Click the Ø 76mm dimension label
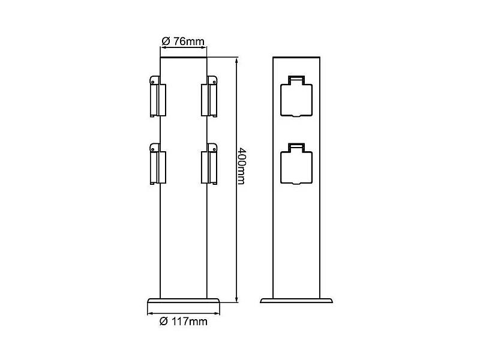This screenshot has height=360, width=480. [x=183, y=41]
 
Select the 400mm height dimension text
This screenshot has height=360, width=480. [x=242, y=166]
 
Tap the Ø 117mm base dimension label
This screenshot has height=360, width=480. [x=184, y=322]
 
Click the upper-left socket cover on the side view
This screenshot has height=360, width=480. [x=158, y=97]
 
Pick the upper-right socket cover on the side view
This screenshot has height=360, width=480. [x=209, y=97]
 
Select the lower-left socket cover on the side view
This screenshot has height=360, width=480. [x=158, y=164]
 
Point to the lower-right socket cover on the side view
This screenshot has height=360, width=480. [x=209, y=164]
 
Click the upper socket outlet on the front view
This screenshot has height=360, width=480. [x=296, y=97]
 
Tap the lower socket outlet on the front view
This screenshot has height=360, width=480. [x=296, y=164]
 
